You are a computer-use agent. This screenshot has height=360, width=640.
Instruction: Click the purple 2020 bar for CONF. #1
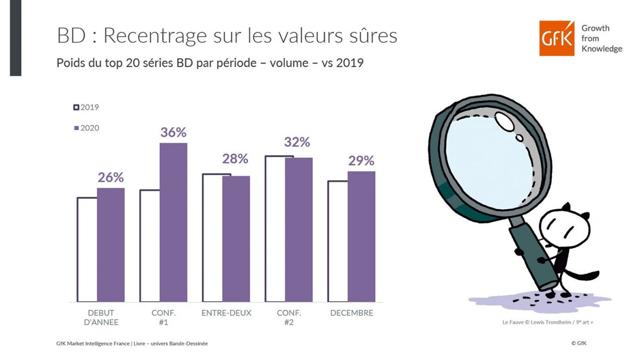click(x=173, y=222)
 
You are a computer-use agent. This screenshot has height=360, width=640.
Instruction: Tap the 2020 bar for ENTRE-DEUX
click(x=236, y=239)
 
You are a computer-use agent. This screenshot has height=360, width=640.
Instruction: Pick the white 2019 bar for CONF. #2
click(x=275, y=229)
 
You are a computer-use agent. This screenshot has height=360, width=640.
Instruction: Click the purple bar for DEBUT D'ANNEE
click(x=111, y=244)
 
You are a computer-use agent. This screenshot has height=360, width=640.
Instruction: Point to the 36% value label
click(x=173, y=132)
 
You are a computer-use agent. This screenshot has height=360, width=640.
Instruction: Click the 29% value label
click(x=361, y=161)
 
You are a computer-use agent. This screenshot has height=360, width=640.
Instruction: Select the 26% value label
click(x=111, y=177)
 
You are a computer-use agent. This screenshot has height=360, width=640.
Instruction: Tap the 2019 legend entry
click(x=86, y=107)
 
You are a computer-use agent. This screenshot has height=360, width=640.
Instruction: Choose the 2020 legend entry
click(x=86, y=128)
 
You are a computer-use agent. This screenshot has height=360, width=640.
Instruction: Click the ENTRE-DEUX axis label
click(x=226, y=313)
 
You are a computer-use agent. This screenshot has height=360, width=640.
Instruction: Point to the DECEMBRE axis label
click(x=351, y=313)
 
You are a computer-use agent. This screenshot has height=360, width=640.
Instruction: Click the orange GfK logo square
click(x=557, y=38)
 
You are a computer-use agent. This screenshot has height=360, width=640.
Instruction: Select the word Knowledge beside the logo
click(x=601, y=49)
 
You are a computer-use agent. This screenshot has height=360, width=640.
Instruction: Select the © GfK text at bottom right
click(x=578, y=343)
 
